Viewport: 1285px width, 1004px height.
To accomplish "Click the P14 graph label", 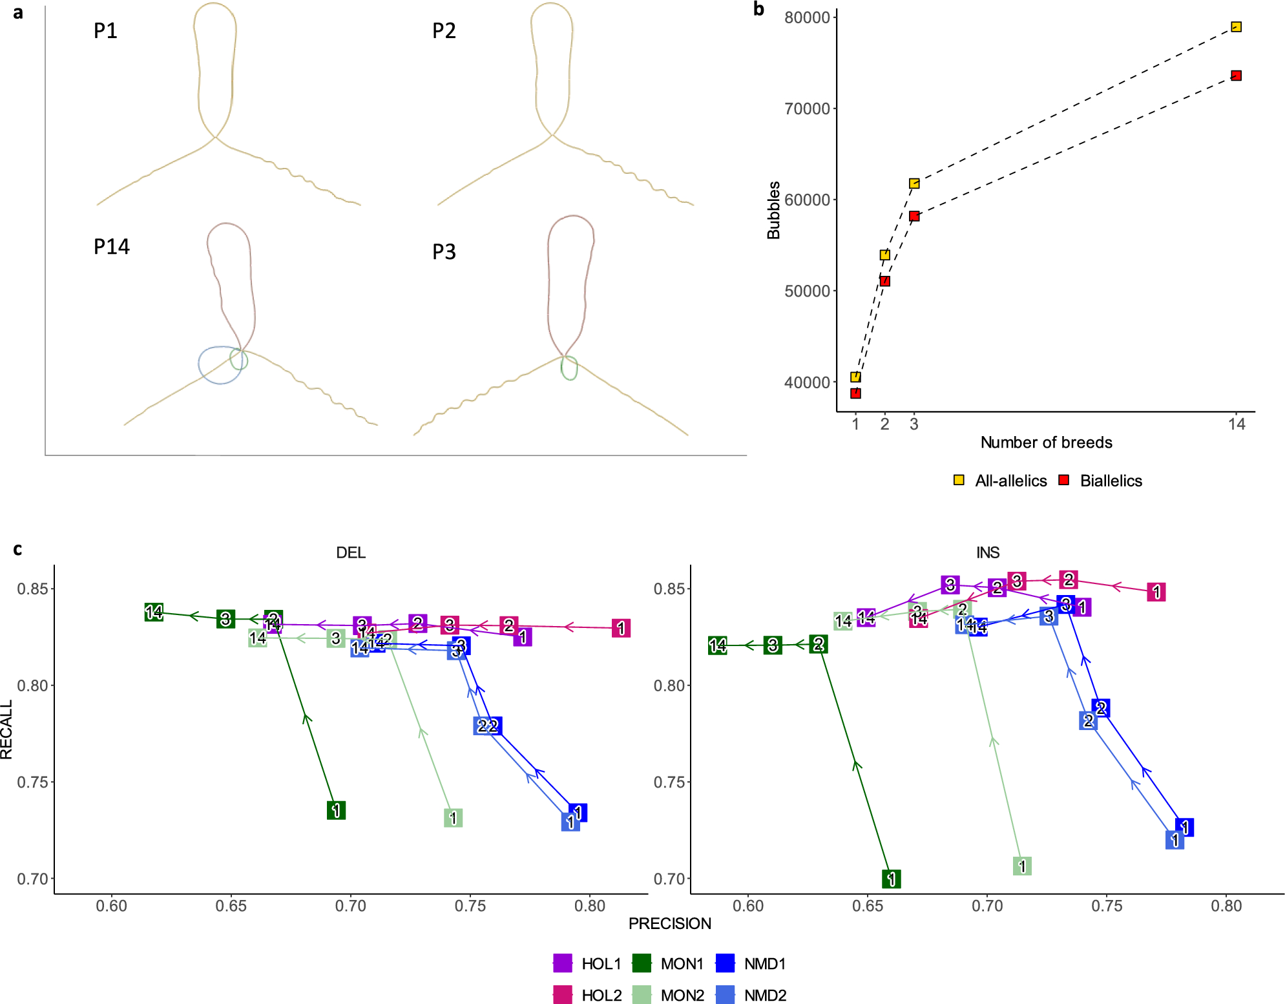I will coord(112,247).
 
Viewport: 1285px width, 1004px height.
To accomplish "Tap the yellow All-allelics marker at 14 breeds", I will coord(1236,27).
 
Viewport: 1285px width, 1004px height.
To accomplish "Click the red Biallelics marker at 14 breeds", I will coord(1236,76).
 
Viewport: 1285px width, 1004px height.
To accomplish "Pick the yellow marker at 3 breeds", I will coord(914,183).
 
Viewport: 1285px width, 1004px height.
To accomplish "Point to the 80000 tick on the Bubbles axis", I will coord(807,17).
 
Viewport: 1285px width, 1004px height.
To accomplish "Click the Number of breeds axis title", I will coord(1046,443).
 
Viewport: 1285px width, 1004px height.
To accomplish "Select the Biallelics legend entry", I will coord(1110,481).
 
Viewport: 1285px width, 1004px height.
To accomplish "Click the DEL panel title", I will coord(351,552).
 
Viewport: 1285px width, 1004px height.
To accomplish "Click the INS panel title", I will coord(988,552).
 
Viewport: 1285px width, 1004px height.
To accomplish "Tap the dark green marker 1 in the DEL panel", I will coord(336,810).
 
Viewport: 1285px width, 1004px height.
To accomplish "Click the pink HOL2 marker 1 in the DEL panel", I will coord(621,628).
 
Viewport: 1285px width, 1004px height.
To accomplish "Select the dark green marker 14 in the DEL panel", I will coord(154,612).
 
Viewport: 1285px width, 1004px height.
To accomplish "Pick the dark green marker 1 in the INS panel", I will coord(892,879).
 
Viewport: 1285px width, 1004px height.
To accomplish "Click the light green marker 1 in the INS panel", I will coord(1022,866).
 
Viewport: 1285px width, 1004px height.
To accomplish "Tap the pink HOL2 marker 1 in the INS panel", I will coord(1156,592).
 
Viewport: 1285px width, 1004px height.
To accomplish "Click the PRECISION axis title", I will coord(669,924).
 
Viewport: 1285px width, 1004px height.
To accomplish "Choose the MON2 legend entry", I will coord(682,996).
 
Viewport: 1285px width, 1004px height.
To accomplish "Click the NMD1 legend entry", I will coord(764,964).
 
